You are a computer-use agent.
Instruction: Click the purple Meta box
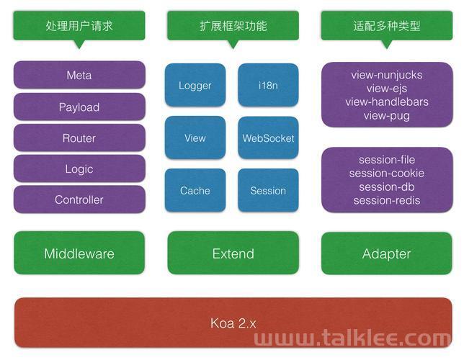click(x=79, y=75)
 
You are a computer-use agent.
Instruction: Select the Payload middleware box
click(x=79, y=107)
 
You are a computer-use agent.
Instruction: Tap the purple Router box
click(x=79, y=138)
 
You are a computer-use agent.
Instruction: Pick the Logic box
click(x=79, y=168)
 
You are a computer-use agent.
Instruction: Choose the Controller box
click(x=79, y=199)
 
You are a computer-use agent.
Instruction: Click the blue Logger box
click(x=195, y=85)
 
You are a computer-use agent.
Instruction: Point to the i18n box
click(x=268, y=85)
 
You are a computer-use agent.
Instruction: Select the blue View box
click(x=195, y=138)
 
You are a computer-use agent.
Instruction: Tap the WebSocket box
click(x=268, y=138)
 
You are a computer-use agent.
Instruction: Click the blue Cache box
click(x=195, y=191)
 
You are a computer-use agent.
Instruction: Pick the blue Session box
click(x=268, y=191)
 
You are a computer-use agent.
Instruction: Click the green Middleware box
click(x=79, y=253)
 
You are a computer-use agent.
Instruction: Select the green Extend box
click(x=233, y=253)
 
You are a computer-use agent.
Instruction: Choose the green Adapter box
click(x=387, y=253)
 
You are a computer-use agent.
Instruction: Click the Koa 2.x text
click(x=233, y=323)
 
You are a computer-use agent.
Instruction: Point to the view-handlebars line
click(x=387, y=102)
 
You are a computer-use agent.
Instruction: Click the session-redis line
click(x=387, y=200)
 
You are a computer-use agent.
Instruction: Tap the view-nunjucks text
click(x=387, y=75)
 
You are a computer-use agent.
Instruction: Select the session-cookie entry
click(x=387, y=173)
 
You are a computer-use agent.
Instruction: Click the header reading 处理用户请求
click(x=79, y=26)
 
